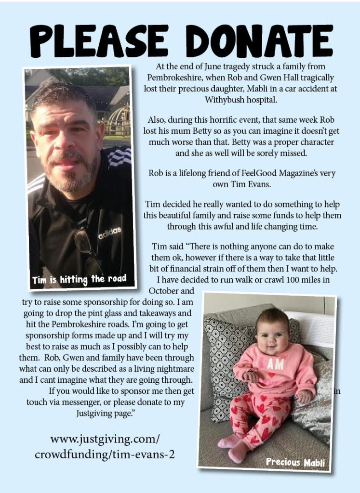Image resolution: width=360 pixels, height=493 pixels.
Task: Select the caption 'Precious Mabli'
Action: click(x=295, y=463)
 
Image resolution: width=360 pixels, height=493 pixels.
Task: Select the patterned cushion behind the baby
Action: click(x=227, y=347)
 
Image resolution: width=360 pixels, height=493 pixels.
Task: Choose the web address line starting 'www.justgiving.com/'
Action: click(x=105, y=439)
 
